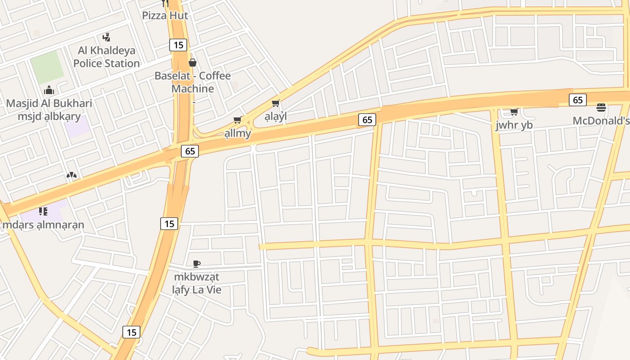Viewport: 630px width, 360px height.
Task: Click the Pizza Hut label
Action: click(x=165, y=15)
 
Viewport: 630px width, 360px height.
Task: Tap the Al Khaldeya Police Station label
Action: click(x=107, y=57)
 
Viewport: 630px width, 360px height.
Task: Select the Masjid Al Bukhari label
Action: click(x=49, y=110)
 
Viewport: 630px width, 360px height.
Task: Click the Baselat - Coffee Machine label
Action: click(x=193, y=82)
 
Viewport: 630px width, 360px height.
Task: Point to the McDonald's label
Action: click(x=601, y=121)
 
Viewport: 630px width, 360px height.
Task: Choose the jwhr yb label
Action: click(x=514, y=125)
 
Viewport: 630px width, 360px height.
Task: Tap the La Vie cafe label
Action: click(x=197, y=283)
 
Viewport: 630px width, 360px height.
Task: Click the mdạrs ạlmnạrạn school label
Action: click(x=43, y=224)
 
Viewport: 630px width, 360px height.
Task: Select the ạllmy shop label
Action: click(x=238, y=133)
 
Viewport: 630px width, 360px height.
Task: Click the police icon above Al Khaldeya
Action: click(x=107, y=37)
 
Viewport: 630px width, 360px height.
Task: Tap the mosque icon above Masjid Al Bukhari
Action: click(x=49, y=90)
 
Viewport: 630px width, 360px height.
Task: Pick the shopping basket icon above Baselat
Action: click(x=193, y=63)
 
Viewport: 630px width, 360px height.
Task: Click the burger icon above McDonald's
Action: click(x=601, y=108)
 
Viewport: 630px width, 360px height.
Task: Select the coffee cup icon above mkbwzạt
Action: click(x=197, y=264)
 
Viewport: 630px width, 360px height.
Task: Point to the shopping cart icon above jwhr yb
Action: click(x=514, y=112)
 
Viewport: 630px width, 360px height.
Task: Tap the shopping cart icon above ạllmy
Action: click(x=238, y=120)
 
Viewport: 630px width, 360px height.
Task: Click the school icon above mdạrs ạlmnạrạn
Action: click(x=43, y=211)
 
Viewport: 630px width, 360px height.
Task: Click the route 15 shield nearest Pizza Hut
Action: click(x=179, y=45)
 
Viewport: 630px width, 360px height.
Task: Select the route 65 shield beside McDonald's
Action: click(x=578, y=100)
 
